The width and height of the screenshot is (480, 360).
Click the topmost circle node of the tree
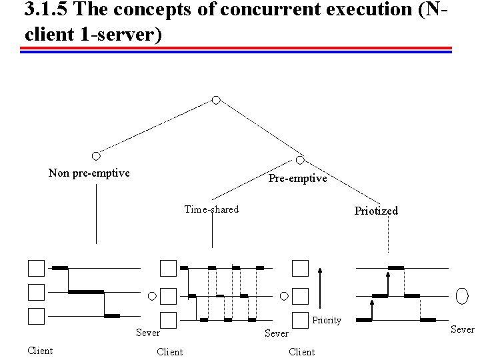click(215, 100)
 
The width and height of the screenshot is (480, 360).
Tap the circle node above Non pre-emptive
click(96, 156)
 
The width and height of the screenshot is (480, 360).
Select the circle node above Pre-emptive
click(300, 160)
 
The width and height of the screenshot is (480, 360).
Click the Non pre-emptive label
click(89, 173)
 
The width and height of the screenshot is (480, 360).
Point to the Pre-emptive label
click(297, 179)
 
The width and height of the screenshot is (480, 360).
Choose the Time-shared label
click(211, 209)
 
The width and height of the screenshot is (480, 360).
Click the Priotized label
click(376, 211)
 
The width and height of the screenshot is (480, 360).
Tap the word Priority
click(327, 321)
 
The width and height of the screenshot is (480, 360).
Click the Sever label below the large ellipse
click(462, 329)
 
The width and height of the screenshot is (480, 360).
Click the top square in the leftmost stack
click(36, 268)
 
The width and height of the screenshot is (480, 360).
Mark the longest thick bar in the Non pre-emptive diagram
click(86, 292)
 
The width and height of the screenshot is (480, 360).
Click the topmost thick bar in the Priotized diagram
click(396, 267)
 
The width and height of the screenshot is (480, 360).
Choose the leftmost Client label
click(40, 350)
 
